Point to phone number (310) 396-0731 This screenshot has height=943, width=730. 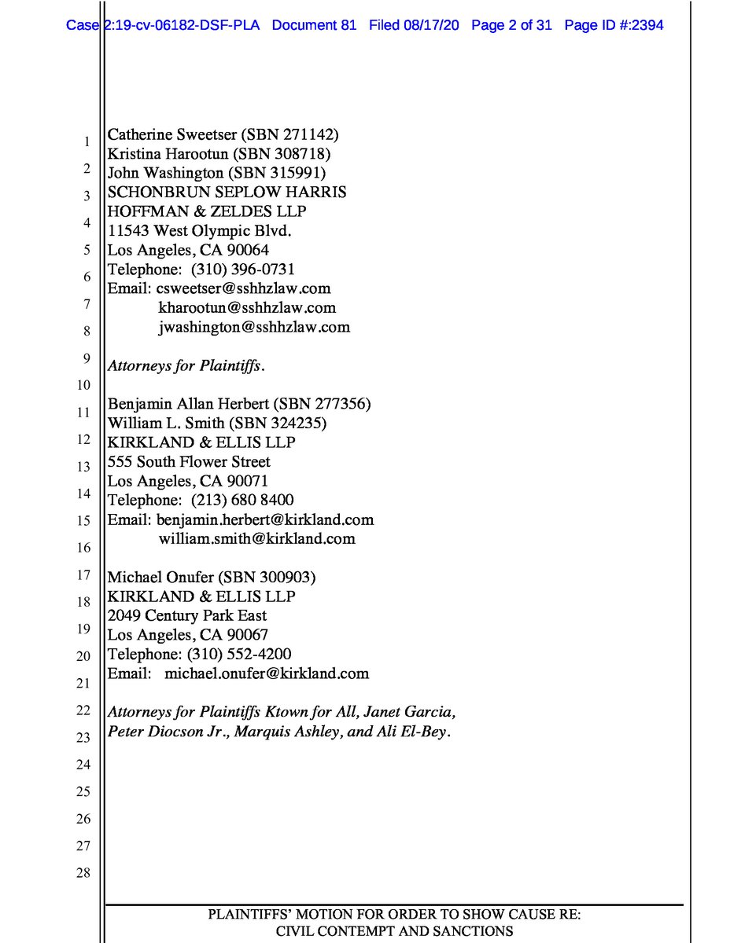pyautogui.click(x=243, y=270)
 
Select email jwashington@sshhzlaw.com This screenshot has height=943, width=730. pyautogui.click(x=254, y=327)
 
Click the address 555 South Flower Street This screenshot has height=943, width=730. pyautogui.click(x=189, y=462)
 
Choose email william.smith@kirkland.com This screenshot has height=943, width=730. pyautogui.click(x=256, y=539)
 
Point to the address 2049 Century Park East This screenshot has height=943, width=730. pyautogui.click(x=187, y=615)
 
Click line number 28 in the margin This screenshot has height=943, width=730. pyautogui.click(x=83, y=873)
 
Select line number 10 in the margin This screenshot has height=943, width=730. pyautogui.click(x=83, y=385)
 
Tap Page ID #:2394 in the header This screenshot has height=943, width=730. pyautogui.click(x=614, y=25)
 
